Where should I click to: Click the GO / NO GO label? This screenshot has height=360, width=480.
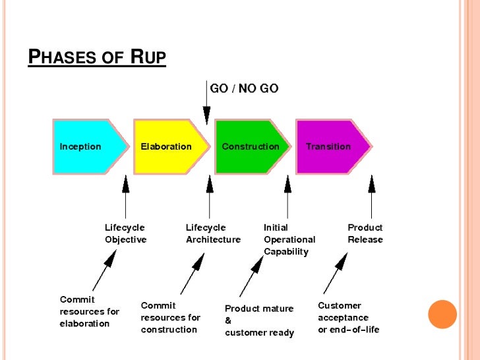(243, 88)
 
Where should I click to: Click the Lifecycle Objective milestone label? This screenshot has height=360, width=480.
(125, 233)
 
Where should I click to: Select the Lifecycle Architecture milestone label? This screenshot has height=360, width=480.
(213, 233)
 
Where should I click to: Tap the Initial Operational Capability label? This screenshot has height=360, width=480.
(289, 239)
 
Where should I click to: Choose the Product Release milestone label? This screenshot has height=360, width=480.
(365, 233)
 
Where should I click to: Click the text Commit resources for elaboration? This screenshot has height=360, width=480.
(90, 311)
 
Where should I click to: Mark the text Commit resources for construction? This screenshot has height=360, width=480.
(170, 317)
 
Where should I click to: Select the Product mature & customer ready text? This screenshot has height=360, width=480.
(259, 320)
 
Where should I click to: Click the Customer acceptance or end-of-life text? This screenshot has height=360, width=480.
(349, 317)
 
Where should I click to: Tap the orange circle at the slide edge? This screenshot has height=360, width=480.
(442, 314)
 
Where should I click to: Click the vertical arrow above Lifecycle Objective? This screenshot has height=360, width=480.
(126, 194)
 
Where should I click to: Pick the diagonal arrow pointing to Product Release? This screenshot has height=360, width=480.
(336, 272)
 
